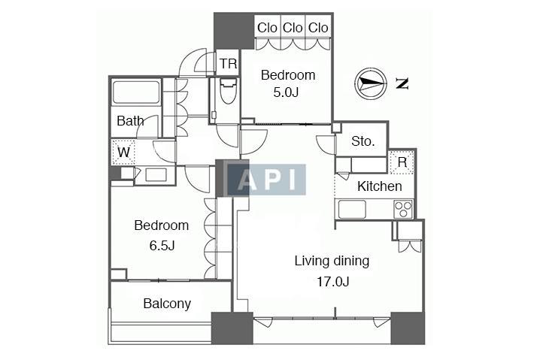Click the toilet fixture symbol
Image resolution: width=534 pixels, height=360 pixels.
coord(228,91)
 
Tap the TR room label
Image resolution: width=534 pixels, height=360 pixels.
coord(228,63)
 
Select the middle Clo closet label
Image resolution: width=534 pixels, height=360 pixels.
coord(293,28)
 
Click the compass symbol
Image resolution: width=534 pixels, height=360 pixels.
coord(371,83)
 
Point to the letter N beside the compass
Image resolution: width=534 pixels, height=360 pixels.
coord(402,83)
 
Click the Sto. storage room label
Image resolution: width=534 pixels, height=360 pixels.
coord(363,141)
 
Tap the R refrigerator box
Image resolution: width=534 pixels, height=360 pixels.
coord(402,162)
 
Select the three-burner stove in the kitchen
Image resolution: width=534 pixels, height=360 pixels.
coord(403,209)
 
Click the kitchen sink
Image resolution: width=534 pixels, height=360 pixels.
coord(352,209)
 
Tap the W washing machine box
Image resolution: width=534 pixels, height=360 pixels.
coord(123,152)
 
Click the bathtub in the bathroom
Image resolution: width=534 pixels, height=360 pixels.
coord(136,91)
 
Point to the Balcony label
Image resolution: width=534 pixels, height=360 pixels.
coord(167,304)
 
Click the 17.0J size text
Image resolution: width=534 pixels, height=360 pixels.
coord(332,282)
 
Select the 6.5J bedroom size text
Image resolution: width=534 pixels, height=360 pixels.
coord(162,245)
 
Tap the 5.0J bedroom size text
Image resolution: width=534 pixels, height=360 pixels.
coord(286,92)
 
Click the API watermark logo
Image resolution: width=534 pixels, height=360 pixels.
coord(266,180)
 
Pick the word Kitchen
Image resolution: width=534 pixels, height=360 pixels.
coord(379,186)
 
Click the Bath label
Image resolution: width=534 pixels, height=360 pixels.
coord(130,121)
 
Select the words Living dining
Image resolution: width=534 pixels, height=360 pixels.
coord(332,262)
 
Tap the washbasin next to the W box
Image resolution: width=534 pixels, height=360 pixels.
coord(156,175)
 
